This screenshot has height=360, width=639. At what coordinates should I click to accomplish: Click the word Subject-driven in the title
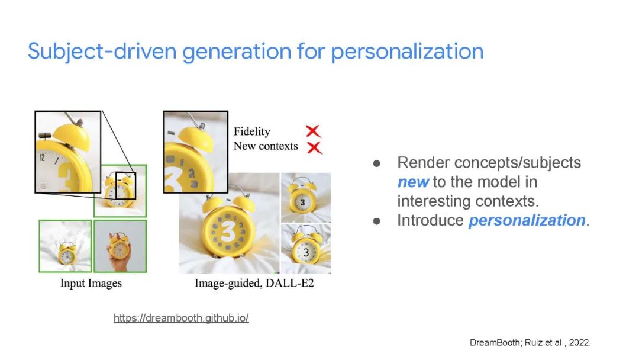point(102,52)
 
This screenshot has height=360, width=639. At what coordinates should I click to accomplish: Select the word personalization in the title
point(406,52)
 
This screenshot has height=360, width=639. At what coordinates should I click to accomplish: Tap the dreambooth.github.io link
point(181,317)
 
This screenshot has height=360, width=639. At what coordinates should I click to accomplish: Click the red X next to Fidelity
point(313,131)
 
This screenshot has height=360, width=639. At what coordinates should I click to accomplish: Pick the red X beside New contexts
point(314,147)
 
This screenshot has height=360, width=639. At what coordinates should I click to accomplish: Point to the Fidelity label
point(252,131)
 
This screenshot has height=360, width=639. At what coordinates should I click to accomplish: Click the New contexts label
point(266,146)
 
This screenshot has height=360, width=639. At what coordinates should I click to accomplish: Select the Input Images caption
point(91,283)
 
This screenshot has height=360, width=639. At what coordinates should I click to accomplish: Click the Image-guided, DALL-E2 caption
point(254,283)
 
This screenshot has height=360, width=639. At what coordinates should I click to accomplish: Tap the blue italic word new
point(413,182)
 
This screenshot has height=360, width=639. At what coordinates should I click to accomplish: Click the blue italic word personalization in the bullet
point(527,220)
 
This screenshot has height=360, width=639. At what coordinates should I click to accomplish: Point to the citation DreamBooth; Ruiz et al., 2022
point(530,342)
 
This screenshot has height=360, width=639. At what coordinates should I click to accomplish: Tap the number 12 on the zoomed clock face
point(42,157)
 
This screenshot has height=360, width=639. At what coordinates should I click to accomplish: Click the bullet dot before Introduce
point(376,221)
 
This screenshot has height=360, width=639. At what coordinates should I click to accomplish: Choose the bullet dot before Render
point(376,163)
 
